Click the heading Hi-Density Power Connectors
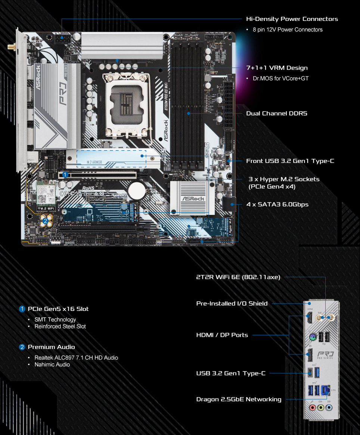(292, 19)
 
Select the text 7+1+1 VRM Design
(277, 68)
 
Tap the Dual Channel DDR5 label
(276, 113)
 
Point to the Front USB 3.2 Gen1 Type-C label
(290, 161)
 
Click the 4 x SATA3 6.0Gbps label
(277, 204)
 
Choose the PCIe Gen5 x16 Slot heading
(58, 309)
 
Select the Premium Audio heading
(51, 347)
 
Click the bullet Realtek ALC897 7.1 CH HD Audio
(76, 358)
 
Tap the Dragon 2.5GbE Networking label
(239, 399)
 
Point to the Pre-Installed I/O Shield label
(232, 303)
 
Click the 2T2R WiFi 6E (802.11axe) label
(238, 277)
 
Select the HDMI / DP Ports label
(222, 335)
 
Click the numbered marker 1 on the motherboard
(65, 174)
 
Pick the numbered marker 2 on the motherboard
(46, 221)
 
